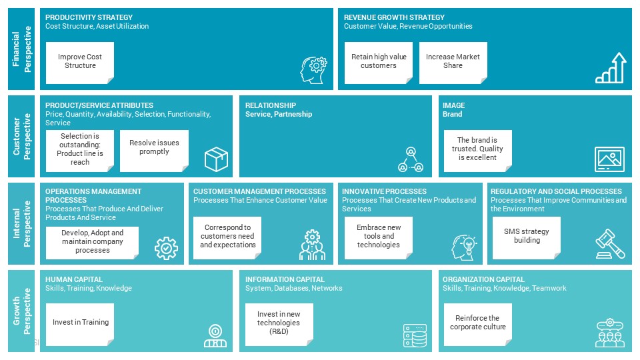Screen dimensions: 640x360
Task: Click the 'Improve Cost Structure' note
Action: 80,63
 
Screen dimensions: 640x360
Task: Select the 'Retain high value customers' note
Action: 379,63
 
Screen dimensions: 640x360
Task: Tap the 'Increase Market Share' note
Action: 453,63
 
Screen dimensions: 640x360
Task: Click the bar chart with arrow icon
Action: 611,68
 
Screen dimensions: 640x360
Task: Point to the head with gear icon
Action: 313,70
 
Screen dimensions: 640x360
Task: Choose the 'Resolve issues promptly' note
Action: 154,151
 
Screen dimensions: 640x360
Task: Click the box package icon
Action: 216,159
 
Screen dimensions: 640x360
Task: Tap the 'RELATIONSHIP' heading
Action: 271,105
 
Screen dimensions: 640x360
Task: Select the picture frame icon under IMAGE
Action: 610,159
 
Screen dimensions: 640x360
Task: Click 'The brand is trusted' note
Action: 477,151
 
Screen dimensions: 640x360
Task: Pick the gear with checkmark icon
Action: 166,248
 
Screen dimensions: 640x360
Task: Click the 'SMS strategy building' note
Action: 527,238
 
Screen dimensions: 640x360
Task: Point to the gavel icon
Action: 610,244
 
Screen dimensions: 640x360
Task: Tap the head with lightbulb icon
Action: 464,247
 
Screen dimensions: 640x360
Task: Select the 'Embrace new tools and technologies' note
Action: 379,238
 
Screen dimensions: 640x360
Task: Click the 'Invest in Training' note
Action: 80,325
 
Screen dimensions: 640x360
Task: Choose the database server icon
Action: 415,336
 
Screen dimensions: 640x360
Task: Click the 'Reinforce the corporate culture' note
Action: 477,325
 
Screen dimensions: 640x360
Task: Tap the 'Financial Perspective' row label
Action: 21,49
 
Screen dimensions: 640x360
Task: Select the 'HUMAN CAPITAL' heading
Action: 74,279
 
